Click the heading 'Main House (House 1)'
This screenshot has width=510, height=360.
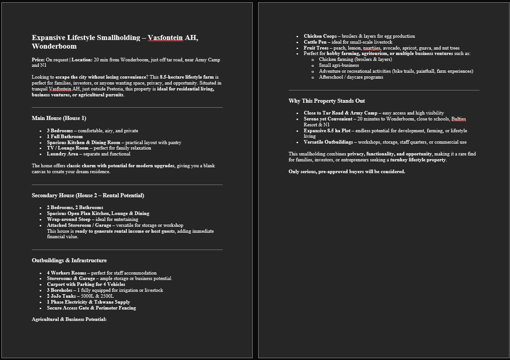click(59, 118)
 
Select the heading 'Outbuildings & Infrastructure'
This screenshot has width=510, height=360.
click(69, 260)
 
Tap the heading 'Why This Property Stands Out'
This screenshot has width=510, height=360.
click(326, 101)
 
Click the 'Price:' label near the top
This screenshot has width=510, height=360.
click(38, 60)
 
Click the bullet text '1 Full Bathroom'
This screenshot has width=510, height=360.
click(65, 136)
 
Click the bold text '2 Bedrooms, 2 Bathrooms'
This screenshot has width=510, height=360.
click(75, 208)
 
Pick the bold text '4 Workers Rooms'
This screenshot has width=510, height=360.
click(66, 273)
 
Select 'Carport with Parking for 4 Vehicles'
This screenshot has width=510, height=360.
click(86, 285)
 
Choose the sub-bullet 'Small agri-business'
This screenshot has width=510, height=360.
click(339, 65)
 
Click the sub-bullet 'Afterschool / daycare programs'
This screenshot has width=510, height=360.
click(351, 77)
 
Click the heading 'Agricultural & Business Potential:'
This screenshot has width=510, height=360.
click(69, 320)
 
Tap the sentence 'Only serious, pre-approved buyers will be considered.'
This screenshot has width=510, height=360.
click(346, 172)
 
